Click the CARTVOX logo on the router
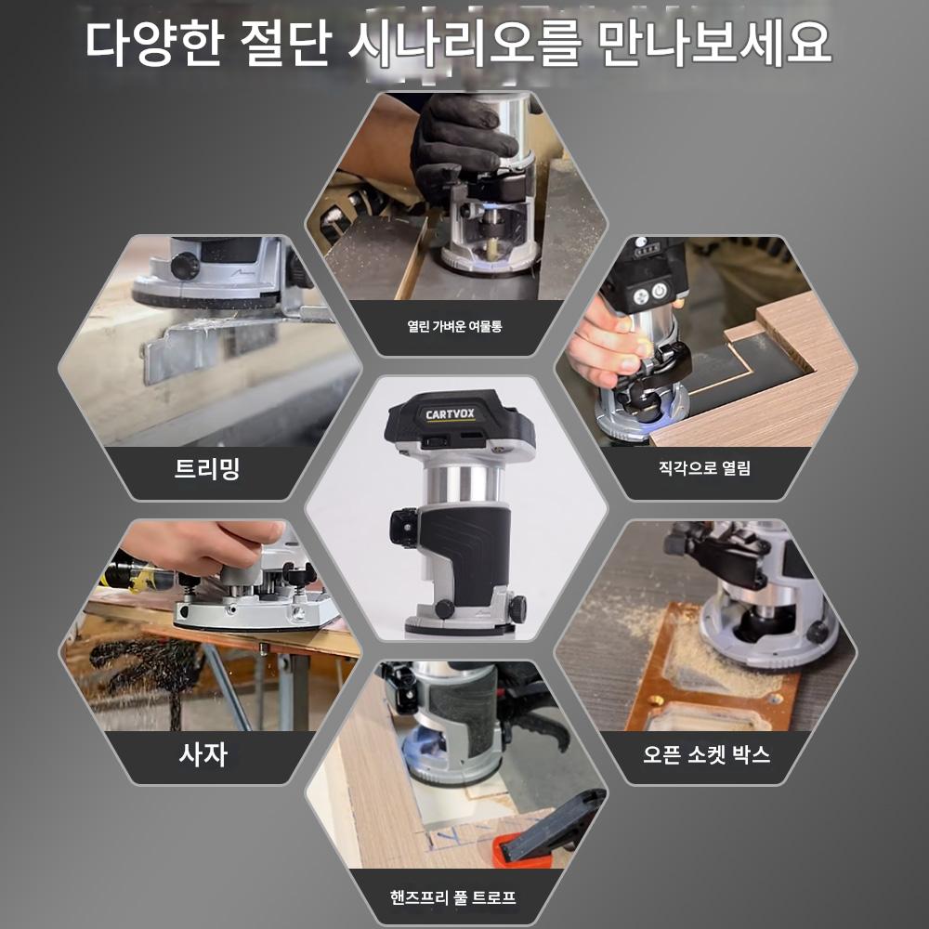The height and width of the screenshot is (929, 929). pos(450,414)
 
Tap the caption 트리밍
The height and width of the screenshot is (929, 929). pos(207,468)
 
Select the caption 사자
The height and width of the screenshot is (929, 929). pos(203,754)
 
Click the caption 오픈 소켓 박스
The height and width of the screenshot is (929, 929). pos(706,754)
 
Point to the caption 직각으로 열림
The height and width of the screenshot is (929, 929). pos(704,468)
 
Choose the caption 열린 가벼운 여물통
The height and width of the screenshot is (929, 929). pos(454,326)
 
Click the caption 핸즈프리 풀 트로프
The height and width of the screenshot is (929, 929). pos(452,897)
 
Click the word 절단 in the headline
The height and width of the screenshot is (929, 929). pos(285,43)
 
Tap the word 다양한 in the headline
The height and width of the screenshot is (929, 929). pos(154,43)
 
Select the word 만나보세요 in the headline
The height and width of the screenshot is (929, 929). pos(714,43)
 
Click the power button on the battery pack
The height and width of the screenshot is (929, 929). pos(659,291)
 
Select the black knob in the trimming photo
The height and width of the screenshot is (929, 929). pos(185,266)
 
